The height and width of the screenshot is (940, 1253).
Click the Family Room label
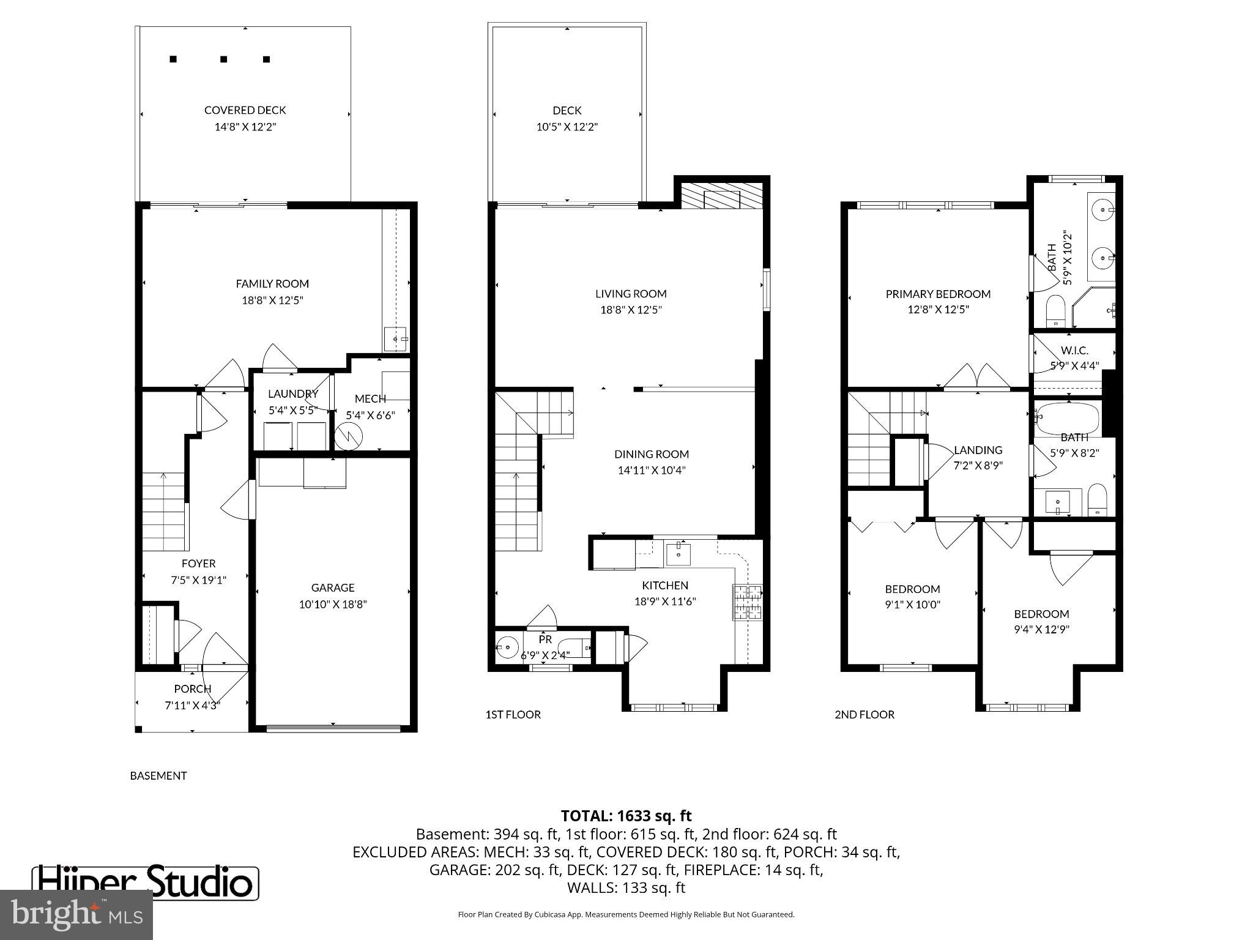pos(272,283)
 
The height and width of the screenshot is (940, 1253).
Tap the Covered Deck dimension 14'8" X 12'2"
pos(245,127)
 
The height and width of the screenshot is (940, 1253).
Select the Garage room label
pos(332,587)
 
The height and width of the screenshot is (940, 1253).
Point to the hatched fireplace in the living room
pos(722,197)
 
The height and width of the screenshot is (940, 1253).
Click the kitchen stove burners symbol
pos(748,602)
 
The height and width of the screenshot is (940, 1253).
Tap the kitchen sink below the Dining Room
pos(678,553)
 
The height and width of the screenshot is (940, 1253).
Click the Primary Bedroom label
pos(938,294)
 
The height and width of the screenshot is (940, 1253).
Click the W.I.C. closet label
pos(1074,351)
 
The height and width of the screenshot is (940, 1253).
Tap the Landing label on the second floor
pos(978,450)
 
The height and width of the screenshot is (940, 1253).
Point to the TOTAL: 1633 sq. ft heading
pos(626,816)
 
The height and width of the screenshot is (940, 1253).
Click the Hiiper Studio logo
pos(145,883)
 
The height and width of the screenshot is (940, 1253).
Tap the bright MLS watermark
pos(76,914)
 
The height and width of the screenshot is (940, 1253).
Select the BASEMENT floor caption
pos(158,775)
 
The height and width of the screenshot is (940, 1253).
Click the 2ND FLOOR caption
pos(864,714)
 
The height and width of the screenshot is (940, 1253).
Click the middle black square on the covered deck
pos(224,59)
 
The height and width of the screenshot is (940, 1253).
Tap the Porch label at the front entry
pos(192,688)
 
